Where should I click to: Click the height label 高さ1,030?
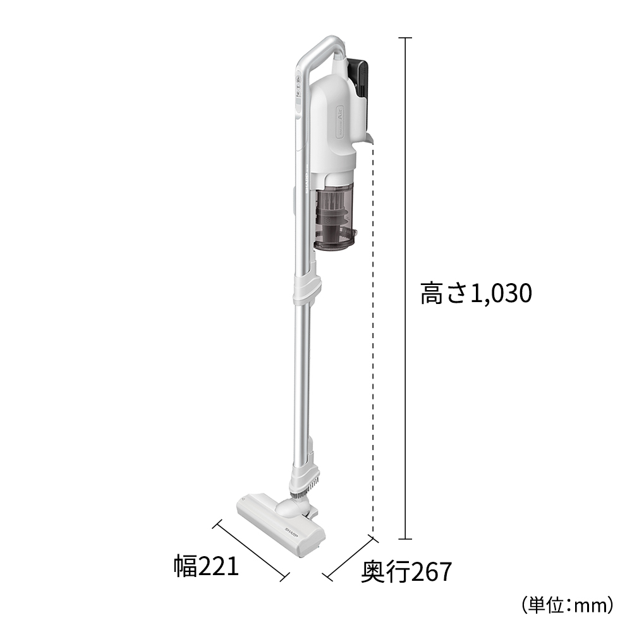point(476,294)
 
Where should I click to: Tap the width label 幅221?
point(207,566)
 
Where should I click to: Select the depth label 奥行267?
point(406,572)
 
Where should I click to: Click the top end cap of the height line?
point(404,38)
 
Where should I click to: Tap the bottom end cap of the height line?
point(404,539)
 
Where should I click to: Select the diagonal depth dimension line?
point(349,557)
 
